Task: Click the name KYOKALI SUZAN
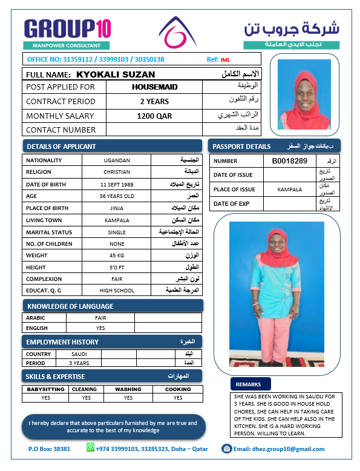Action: coord(116,74)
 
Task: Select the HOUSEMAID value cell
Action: coord(154,87)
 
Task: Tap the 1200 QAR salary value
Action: coord(154,116)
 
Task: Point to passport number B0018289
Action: coord(290,161)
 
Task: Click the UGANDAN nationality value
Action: coord(117,160)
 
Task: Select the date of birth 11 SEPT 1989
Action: coord(117,184)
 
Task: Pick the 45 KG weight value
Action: coord(117,255)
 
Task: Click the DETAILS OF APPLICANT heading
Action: coord(61,146)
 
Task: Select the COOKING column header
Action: coord(178,389)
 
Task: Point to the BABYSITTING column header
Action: coord(46,389)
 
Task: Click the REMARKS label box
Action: coord(248,384)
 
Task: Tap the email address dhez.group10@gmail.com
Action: coord(279,449)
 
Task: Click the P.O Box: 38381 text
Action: coord(49,449)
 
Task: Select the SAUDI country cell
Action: coord(79,354)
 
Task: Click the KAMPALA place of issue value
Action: coord(290,189)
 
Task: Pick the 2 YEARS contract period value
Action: coord(154,102)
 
